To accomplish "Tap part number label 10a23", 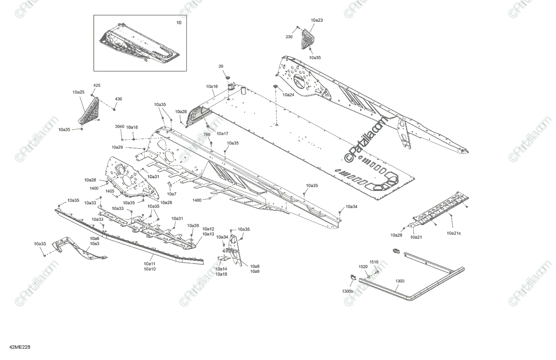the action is coord(317,20).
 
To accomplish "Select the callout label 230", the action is coord(289,37).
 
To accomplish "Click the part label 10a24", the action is coord(288,95).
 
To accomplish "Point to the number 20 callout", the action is coord(221,66).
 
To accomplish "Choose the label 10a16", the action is coord(212,87).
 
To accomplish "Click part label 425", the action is coord(97,86).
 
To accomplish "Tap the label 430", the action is coord(119,99).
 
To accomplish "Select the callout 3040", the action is coord(120,127).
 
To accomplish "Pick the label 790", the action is coord(207,134).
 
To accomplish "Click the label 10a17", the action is coord(222,133).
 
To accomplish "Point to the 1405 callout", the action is coord(110,191).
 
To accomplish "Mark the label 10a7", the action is coord(171,194).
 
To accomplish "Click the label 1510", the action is coord(374,262).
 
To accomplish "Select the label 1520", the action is coord(363,266).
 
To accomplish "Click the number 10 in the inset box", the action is coord(179,23).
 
